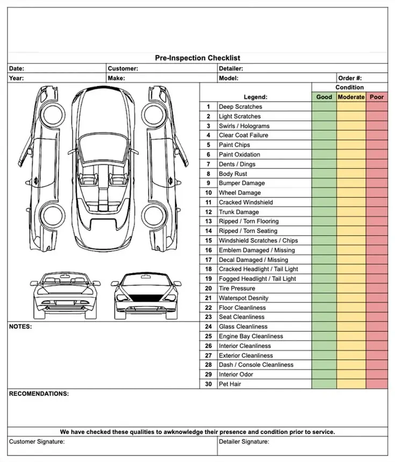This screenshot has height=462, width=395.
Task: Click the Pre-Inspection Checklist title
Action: (x=198, y=58)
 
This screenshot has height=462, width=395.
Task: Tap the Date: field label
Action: (x=17, y=69)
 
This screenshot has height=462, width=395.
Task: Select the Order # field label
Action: (x=350, y=78)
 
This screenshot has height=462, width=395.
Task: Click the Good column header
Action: (x=324, y=97)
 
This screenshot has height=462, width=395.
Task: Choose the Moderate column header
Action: (x=351, y=97)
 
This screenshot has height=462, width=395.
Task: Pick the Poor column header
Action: (x=377, y=97)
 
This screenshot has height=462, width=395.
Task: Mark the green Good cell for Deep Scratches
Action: (x=324, y=107)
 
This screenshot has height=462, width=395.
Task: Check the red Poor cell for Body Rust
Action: (x=377, y=174)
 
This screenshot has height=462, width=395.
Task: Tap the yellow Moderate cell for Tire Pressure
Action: (x=351, y=288)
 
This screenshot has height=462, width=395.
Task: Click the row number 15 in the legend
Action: (x=209, y=241)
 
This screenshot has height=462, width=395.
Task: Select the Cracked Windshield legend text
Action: (x=246, y=203)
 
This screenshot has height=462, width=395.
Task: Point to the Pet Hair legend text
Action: (x=230, y=384)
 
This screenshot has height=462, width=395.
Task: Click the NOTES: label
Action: (x=20, y=327)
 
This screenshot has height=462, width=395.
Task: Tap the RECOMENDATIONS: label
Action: (x=39, y=394)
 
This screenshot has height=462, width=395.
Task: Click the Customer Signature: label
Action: (x=37, y=442)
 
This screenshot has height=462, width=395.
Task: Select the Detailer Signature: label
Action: (x=244, y=442)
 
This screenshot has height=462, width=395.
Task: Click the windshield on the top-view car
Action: (x=103, y=147)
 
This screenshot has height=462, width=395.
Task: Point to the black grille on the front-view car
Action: (x=146, y=298)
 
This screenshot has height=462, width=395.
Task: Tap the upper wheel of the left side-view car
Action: (x=53, y=114)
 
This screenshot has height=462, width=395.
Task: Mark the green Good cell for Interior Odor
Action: (x=324, y=374)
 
